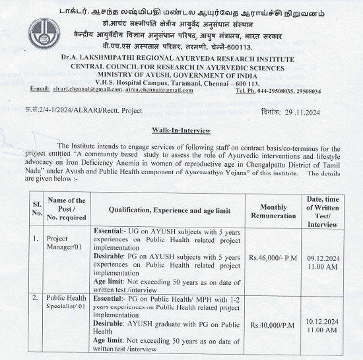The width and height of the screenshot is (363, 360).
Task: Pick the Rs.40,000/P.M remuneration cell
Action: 273,324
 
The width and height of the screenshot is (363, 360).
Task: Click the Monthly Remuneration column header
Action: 273,210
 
